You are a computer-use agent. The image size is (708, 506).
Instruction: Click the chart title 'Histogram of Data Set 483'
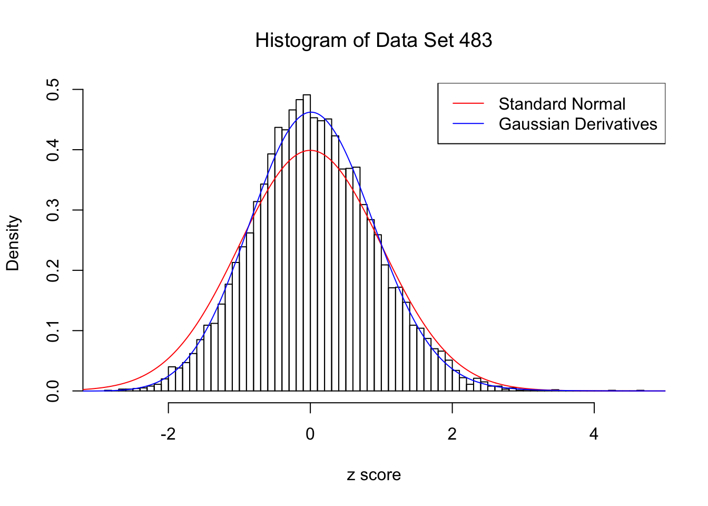click(373, 41)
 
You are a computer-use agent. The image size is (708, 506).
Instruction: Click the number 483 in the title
click(475, 41)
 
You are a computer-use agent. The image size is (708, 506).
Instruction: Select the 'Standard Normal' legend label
click(562, 104)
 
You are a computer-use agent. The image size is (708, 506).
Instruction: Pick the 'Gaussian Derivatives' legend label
click(578, 124)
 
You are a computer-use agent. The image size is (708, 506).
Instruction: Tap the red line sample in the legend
click(468, 104)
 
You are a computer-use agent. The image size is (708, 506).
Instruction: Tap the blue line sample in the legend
click(468, 124)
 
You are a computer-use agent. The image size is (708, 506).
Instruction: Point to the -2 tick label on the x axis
click(168, 434)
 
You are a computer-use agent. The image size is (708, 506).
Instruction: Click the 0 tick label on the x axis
click(310, 434)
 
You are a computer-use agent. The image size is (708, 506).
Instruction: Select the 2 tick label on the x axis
click(452, 434)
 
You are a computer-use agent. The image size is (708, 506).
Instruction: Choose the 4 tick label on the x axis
click(594, 434)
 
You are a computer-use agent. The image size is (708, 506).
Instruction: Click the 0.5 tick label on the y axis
click(53, 90)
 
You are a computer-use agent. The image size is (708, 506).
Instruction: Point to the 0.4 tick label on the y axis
click(53, 150)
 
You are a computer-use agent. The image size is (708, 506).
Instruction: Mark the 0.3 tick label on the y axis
click(53, 210)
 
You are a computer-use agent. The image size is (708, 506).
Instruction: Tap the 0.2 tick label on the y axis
click(53, 270)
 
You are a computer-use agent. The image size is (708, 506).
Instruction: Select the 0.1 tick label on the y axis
click(53, 331)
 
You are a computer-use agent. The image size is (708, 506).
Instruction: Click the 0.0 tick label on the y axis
click(53, 391)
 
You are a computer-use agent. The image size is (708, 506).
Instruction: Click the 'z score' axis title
click(373, 475)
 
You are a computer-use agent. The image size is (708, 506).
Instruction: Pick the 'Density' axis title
click(13, 242)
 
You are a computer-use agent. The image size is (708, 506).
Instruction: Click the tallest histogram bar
click(307, 242)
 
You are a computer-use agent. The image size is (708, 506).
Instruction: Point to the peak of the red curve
click(310, 150)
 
